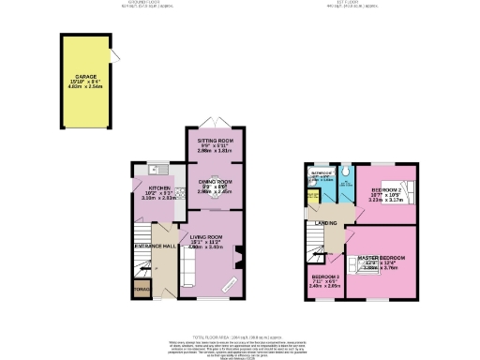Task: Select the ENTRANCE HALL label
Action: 155,245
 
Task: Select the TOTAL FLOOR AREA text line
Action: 239,336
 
